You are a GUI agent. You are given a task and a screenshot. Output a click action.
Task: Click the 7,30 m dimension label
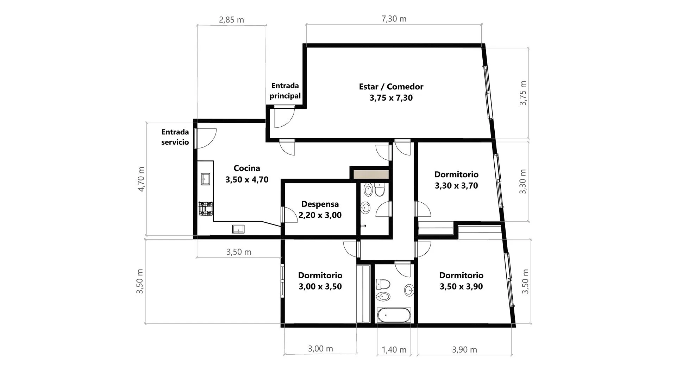pyautogui.click(x=394, y=19)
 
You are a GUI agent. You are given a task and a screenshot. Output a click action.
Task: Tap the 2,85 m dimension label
pyautogui.click(x=231, y=20)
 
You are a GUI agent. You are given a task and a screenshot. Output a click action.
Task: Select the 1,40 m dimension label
pyautogui.click(x=394, y=350)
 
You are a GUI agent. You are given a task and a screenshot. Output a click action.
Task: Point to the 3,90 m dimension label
pyautogui.click(x=464, y=350)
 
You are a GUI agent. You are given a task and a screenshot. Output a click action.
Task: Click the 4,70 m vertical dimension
pyautogui.click(x=141, y=179)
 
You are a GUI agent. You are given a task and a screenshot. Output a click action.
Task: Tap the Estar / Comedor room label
pyautogui.click(x=391, y=92)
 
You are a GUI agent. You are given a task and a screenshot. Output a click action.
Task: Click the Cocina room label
pyautogui.click(x=247, y=174)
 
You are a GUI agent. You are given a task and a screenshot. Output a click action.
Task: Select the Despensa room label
pyautogui.click(x=320, y=209)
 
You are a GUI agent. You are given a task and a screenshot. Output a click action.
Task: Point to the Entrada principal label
pyautogui.click(x=285, y=91)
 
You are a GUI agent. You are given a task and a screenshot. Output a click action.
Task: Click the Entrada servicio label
pyautogui.click(x=175, y=137)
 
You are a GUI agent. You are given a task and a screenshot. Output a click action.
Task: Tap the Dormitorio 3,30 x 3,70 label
pyautogui.click(x=456, y=180)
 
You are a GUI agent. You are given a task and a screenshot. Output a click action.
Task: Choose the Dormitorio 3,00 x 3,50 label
pyautogui.click(x=320, y=281)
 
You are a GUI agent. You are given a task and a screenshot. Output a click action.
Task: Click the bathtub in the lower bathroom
pyautogui.click(x=394, y=315)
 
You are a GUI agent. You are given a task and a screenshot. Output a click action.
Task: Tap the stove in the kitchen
pyautogui.click(x=206, y=208)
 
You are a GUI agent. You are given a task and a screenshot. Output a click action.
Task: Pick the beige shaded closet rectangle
pyautogui.click(x=371, y=174)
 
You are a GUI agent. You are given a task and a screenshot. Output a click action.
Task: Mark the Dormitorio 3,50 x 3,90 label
pyautogui.click(x=461, y=281)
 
